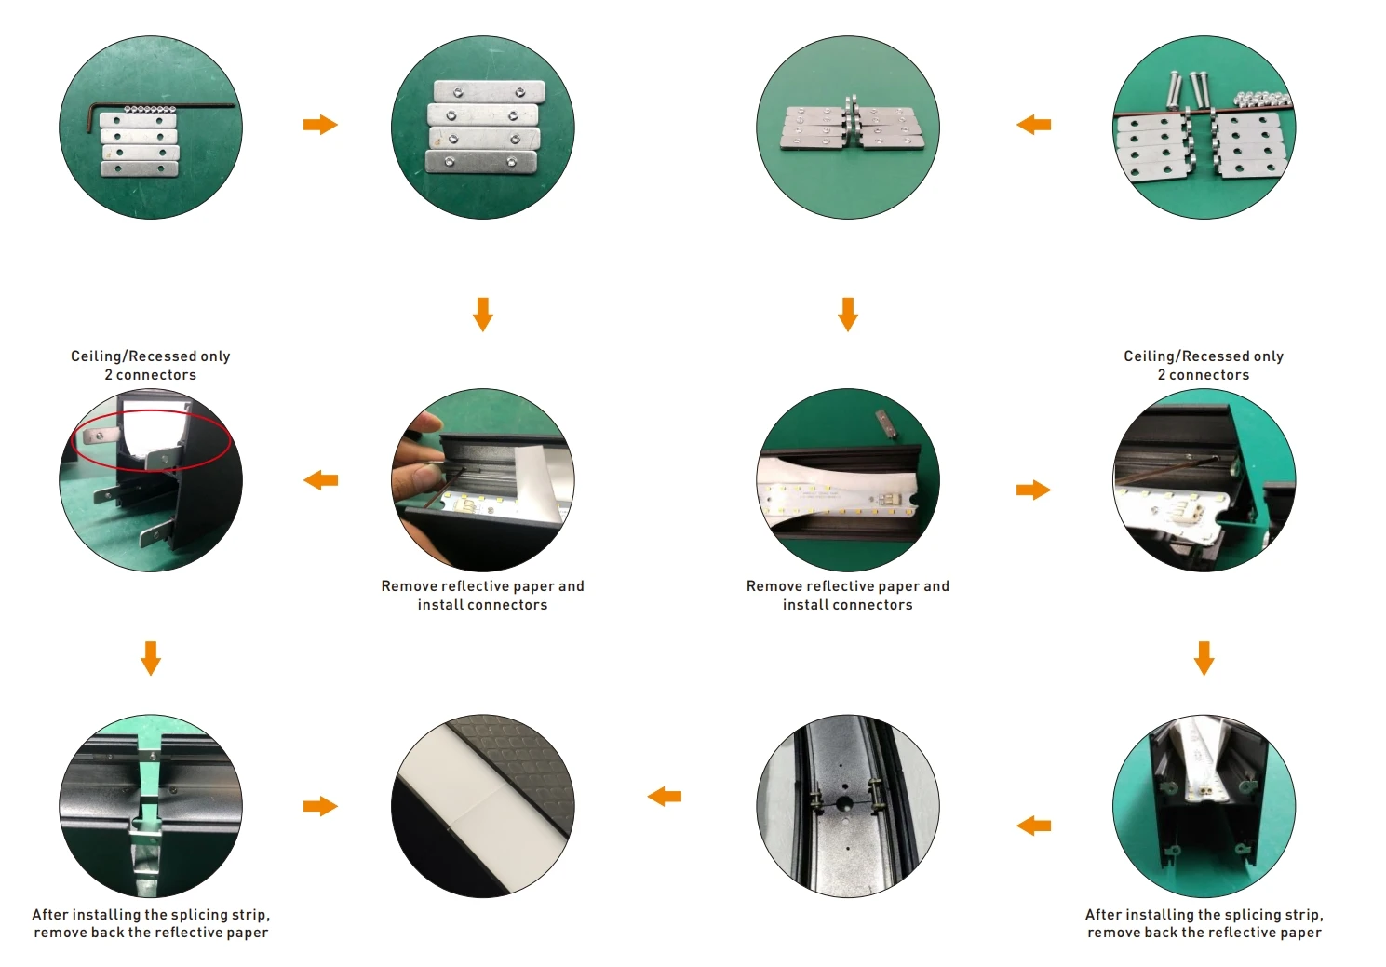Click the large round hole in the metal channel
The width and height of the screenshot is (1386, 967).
point(844,802)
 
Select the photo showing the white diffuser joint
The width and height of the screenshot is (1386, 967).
point(482,806)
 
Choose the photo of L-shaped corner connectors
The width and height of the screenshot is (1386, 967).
point(847,128)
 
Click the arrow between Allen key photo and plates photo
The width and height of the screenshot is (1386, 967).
point(320,125)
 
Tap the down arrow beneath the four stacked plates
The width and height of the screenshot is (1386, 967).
point(482,315)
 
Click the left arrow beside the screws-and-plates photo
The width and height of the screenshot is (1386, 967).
point(1033,125)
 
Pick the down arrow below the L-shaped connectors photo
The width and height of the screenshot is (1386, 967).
point(847,315)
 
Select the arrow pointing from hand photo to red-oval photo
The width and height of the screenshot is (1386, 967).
point(320,480)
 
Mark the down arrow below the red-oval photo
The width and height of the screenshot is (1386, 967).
point(151,658)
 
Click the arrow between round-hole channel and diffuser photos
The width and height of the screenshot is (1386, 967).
point(665,797)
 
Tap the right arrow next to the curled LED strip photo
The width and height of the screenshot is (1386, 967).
point(1033,490)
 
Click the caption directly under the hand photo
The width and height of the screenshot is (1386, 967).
point(482,596)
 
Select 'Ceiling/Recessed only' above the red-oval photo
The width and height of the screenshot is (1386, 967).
point(151,356)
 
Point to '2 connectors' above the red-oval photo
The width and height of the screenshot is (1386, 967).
point(151,375)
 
